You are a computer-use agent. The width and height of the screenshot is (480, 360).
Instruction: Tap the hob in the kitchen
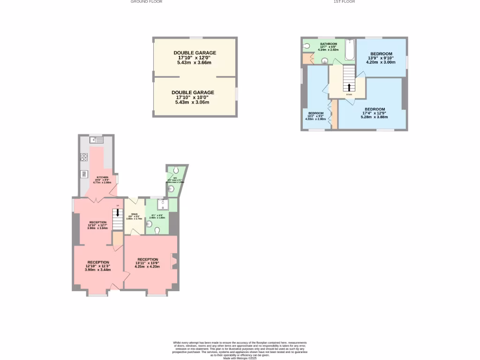tap(84, 157)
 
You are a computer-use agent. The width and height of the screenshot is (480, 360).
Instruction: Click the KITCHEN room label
tap(103, 177)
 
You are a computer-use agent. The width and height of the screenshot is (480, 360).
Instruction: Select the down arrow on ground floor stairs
tap(117, 213)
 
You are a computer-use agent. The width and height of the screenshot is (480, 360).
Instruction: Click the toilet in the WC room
tap(175, 170)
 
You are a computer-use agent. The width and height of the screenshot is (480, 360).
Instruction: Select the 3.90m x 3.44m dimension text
tap(97, 270)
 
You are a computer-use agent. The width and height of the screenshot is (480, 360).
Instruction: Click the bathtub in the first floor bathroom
tap(350, 50)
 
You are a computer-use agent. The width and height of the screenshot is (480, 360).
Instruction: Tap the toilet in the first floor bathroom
tap(307, 46)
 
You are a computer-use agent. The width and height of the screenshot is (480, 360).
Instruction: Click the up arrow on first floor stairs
tap(349, 87)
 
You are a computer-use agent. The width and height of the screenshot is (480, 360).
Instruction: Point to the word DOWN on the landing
tap(349, 95)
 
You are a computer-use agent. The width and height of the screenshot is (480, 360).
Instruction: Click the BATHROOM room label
tap(328, 44)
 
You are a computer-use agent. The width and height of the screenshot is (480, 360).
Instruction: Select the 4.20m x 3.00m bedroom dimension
tap(381, 62)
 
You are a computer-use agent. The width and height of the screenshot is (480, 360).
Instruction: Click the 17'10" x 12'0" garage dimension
tap(195, 58)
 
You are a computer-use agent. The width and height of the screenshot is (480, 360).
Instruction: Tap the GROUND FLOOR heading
tap(146, 2)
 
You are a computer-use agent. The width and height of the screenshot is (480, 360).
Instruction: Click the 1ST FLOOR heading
tap(344, 2)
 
